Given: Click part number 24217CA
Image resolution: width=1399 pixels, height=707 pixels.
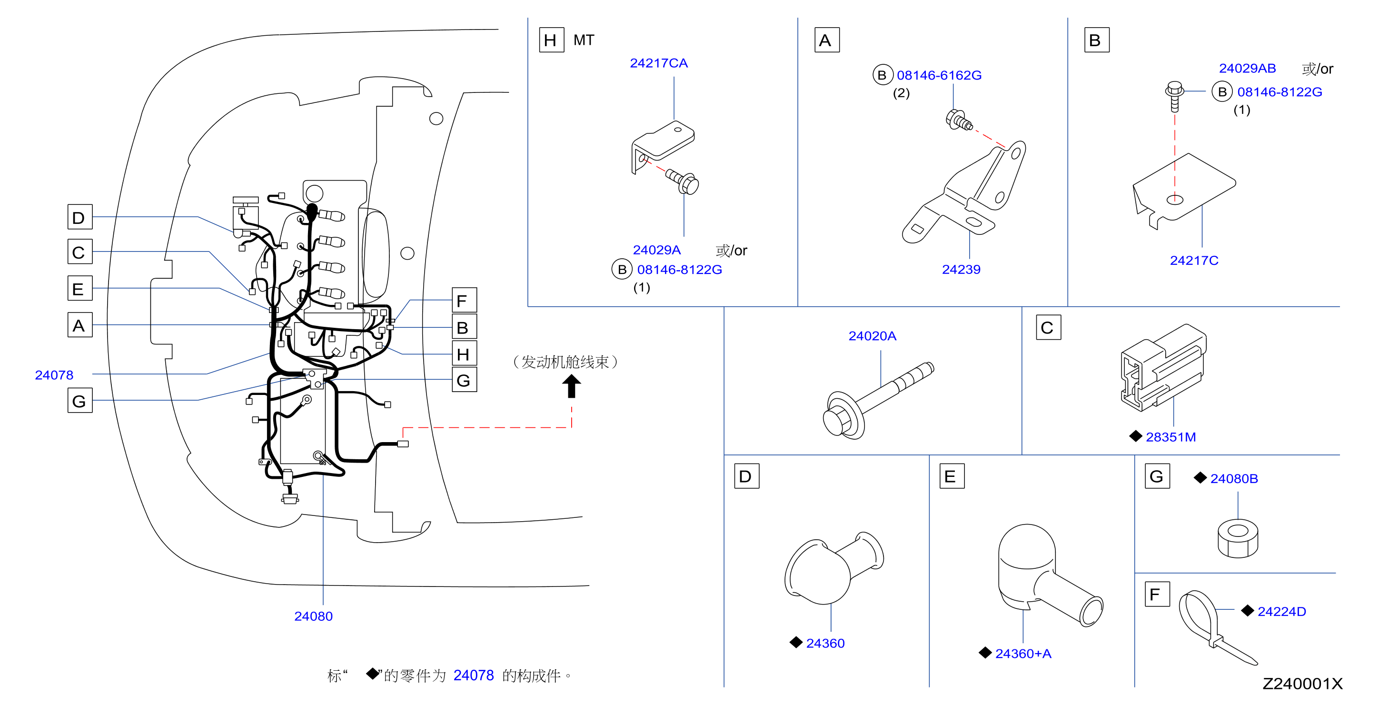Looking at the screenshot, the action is [x=658, y=63].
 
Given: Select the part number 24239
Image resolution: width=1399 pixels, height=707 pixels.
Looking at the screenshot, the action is [x=961, y=270].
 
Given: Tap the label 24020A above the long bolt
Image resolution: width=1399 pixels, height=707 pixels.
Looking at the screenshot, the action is [x=872, y=336].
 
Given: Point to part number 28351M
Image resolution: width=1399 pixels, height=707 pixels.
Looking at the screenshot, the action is [x=1171, y=437].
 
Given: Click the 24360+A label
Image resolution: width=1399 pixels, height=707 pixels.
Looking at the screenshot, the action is [x=1022, y=654].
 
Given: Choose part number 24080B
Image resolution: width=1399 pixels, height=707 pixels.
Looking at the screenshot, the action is [x=1234, y=479].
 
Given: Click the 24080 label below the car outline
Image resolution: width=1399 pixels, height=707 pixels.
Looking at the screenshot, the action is [x=313, y=616].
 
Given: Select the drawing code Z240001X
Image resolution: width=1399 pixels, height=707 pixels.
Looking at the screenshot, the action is [x=1302, y=684].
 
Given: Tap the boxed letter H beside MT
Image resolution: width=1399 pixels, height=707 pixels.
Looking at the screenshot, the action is [x=551, y=40].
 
